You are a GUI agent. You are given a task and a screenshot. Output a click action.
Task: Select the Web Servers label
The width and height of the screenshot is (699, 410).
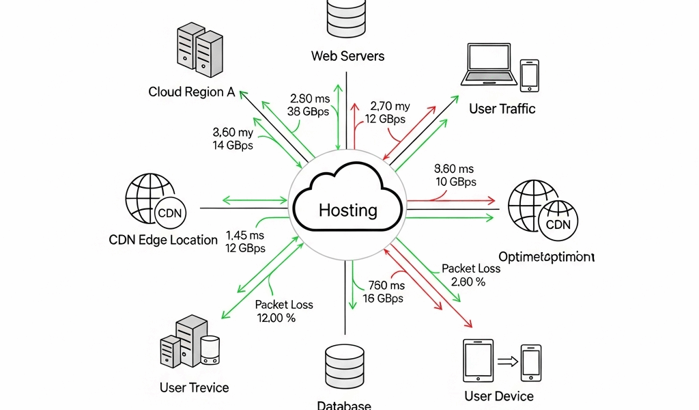347,56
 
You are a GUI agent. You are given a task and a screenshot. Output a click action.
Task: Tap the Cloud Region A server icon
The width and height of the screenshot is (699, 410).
199,53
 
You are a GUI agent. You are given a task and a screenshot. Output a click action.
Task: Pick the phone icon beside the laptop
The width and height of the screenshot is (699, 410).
530,74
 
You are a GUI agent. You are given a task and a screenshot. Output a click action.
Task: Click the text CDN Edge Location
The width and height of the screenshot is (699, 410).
163,240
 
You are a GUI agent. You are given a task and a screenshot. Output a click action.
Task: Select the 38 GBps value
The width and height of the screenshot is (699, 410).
308,111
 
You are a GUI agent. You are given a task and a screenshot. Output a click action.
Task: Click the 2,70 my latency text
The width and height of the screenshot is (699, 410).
390,106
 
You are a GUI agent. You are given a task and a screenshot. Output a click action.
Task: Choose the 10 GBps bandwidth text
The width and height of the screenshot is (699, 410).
455,182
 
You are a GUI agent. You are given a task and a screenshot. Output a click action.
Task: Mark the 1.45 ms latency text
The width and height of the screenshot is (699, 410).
245,235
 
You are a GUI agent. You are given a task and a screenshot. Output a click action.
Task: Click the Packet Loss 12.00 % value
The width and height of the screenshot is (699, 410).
276,318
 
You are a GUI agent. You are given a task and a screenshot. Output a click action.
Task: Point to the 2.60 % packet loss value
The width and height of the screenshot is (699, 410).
468,282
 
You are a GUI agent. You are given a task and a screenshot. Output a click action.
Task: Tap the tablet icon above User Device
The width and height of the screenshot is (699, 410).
478,362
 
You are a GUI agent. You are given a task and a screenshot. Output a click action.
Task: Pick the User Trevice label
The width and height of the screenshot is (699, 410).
195,387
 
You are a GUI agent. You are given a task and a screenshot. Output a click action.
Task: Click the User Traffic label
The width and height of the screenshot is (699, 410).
502,109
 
